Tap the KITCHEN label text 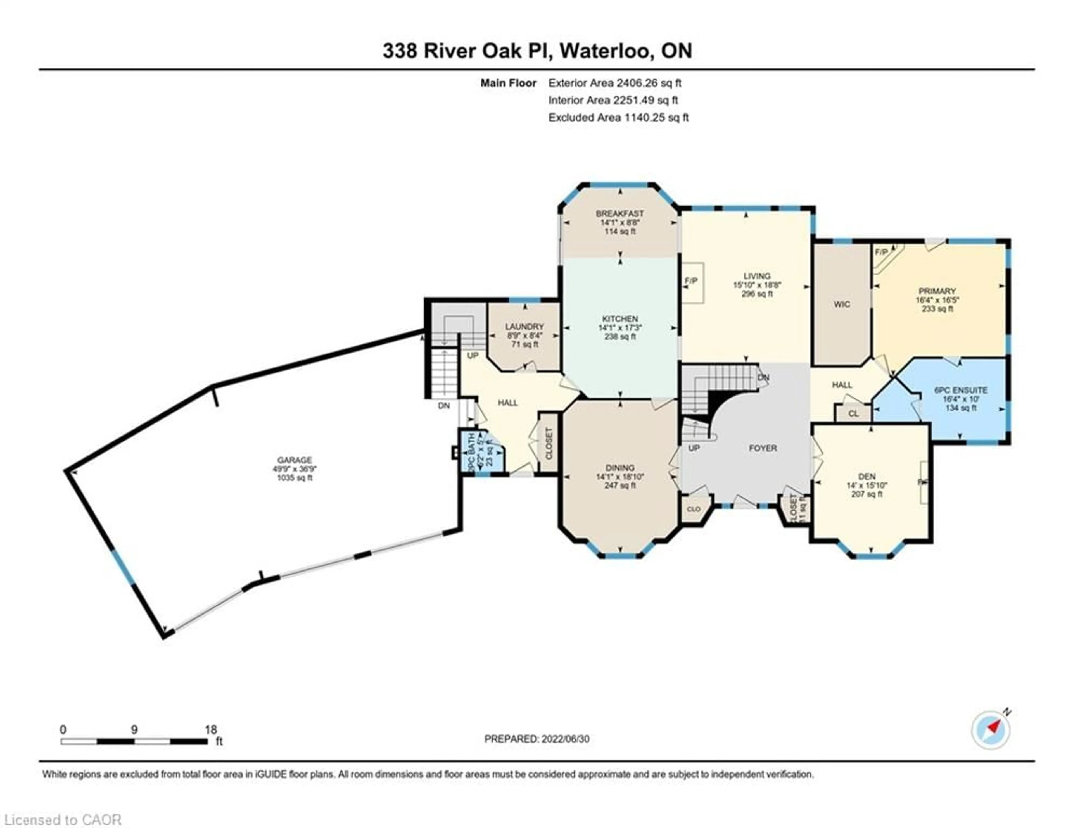(620, 319)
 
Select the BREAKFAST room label (619, 214)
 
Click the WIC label (842, 304)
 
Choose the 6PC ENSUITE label (960, 391)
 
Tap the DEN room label (867, 476)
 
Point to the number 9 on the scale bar (134, 730)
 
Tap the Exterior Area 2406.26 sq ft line (615, 83)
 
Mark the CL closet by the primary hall (853, 413)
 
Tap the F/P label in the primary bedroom (881, 252)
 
